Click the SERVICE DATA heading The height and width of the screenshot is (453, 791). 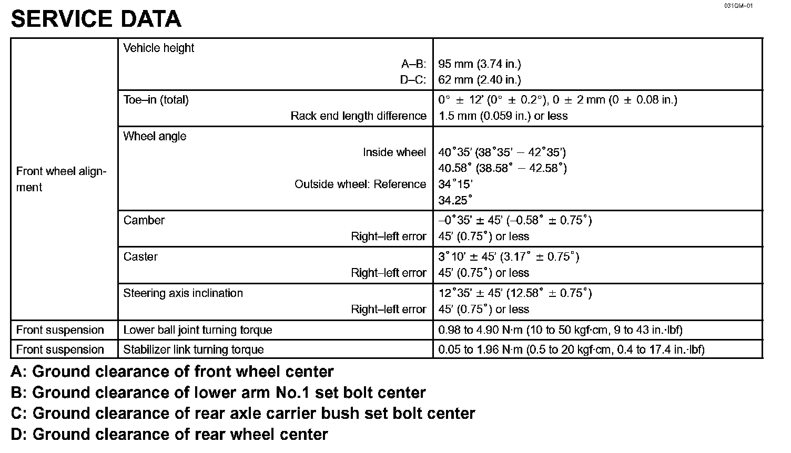(96, 19)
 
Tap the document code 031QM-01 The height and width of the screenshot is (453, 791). (738, 6)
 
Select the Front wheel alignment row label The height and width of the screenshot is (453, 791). (61, 179)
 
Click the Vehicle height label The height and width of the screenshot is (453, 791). (158, 48)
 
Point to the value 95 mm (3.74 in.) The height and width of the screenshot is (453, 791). (479, 64)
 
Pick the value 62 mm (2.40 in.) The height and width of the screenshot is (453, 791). (479, 80)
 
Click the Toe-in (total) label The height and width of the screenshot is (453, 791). (156, 100)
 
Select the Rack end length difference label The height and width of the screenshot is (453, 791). (358, 116)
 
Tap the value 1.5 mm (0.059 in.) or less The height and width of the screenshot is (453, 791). (503, 116)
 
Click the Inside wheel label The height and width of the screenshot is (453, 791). (394, 152)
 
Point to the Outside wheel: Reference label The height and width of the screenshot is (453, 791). (360, 184)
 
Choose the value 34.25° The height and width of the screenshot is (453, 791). (455, 200)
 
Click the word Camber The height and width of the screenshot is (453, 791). (144, 220)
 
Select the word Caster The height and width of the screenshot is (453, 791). (140, 257)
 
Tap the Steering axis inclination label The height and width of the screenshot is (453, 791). (183, 293)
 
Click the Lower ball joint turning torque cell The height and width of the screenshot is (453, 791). (198, 330)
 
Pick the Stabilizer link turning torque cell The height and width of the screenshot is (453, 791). (194, 349)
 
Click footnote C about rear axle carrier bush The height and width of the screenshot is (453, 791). (242, 414)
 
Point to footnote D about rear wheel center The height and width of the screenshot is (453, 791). (169, 435)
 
